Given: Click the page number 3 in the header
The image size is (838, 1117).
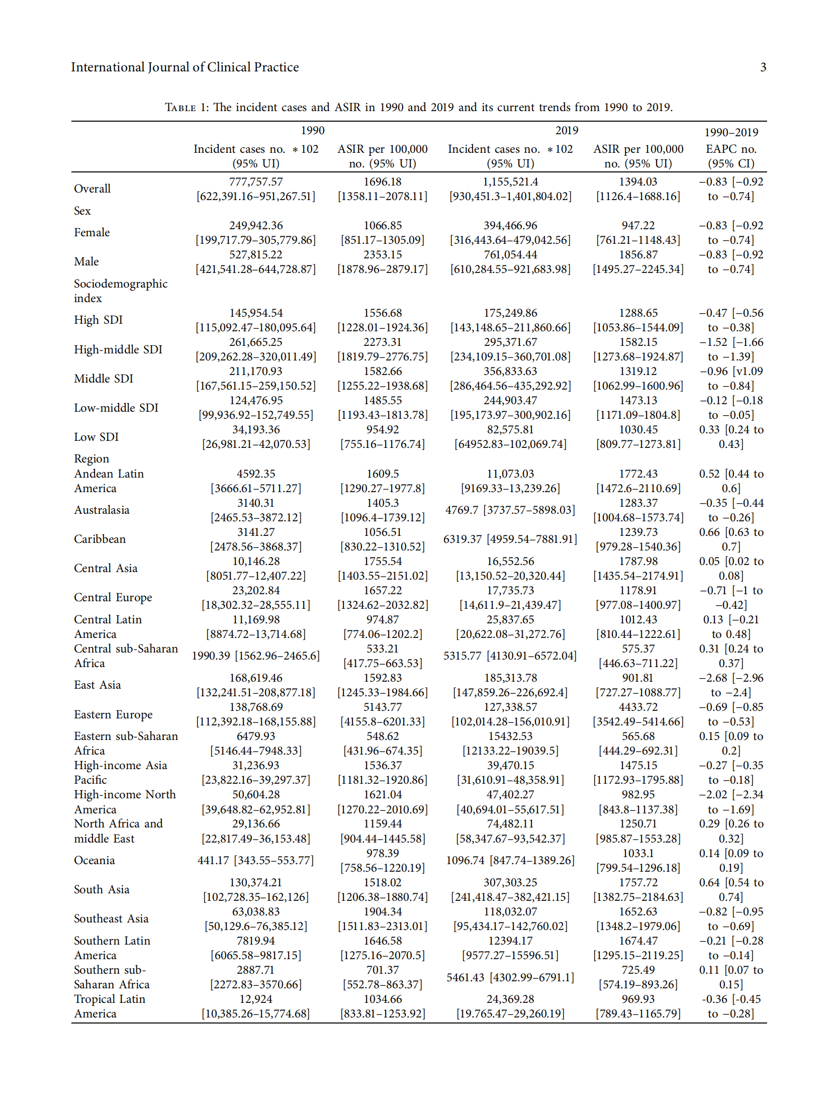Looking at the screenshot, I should coord(763,67).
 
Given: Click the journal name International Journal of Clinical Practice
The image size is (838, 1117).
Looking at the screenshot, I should coord(185,67).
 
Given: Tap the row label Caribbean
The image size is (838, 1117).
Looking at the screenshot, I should coord(100,539).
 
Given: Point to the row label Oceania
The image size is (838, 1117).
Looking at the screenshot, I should coord(95,860).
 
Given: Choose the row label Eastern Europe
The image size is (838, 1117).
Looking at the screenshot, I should coord(113,714).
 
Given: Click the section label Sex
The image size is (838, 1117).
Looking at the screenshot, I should coord(82,211).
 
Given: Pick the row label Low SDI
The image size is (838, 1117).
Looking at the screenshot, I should coord(96,437).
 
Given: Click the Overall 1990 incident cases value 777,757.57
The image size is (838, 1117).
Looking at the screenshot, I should coord(255,182).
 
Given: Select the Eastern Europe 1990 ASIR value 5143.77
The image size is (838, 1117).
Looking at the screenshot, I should coord(383,707).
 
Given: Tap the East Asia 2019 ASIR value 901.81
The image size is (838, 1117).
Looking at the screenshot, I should coord(637,678).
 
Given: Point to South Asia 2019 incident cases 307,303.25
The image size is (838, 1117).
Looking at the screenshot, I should coord(510,882).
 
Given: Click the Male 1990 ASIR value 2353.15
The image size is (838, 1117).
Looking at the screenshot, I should coord(383,254).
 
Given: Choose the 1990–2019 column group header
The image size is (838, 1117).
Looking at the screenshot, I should coord(731,132).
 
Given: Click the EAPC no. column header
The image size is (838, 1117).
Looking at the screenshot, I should coord(731,149).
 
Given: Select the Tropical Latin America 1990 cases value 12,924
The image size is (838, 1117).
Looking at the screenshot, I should coord(255,999).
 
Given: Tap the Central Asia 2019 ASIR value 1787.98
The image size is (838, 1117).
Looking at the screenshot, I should coord(638,561).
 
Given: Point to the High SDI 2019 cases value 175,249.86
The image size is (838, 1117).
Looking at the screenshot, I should coord(510,313).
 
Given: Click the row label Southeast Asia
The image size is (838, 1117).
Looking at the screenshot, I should coord(111,918).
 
